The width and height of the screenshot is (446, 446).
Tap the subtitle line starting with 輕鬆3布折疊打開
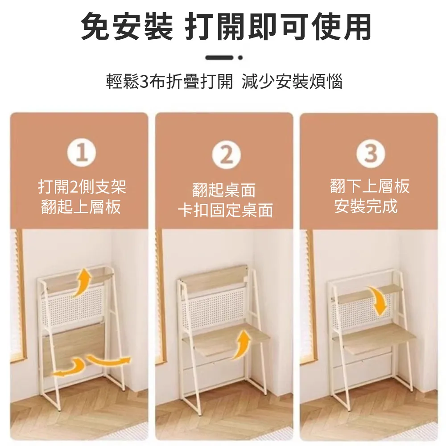point(224,82)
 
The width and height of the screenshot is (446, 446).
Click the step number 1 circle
point(82,154)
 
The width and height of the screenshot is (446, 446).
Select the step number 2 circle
point(226,156)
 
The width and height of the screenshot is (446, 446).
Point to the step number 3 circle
point(370,153)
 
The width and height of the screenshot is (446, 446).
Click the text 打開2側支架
point(82,186)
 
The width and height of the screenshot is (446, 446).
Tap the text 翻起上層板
point(81,207)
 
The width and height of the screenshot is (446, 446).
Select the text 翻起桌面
point(224,190)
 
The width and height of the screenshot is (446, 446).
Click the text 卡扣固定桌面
point(225,210)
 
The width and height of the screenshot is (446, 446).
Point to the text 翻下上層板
point(370,186)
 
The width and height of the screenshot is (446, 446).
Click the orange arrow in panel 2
point(240,343)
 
